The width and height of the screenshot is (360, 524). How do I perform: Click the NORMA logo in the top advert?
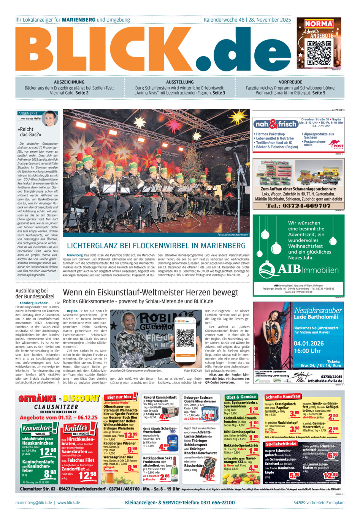(319, 24)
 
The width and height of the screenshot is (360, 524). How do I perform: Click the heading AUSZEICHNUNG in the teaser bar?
(69, 82)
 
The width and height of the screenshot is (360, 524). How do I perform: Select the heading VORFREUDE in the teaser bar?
(290, 82)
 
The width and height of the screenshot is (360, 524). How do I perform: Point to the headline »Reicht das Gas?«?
(29, 132)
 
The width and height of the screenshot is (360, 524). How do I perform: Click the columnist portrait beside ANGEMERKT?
(50, 118)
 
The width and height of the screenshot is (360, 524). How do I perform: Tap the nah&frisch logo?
(276, 124)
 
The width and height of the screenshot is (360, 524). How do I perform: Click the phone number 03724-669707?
(298, 205)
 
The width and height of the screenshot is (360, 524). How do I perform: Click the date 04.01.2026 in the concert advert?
(309, 343)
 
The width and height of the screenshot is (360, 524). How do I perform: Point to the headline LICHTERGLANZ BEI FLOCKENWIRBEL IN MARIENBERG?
(156, 246)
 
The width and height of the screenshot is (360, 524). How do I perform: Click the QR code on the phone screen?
(186, 336)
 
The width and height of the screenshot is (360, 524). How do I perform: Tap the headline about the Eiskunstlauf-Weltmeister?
(151, 292)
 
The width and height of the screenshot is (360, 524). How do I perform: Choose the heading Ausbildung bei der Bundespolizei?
(35, 294)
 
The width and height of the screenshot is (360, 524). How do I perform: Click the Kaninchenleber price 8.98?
(50, 473)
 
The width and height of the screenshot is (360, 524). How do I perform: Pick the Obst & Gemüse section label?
(241, 397)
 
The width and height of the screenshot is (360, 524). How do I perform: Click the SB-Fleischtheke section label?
(281, 444)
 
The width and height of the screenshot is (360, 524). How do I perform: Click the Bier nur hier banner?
(119, 397)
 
